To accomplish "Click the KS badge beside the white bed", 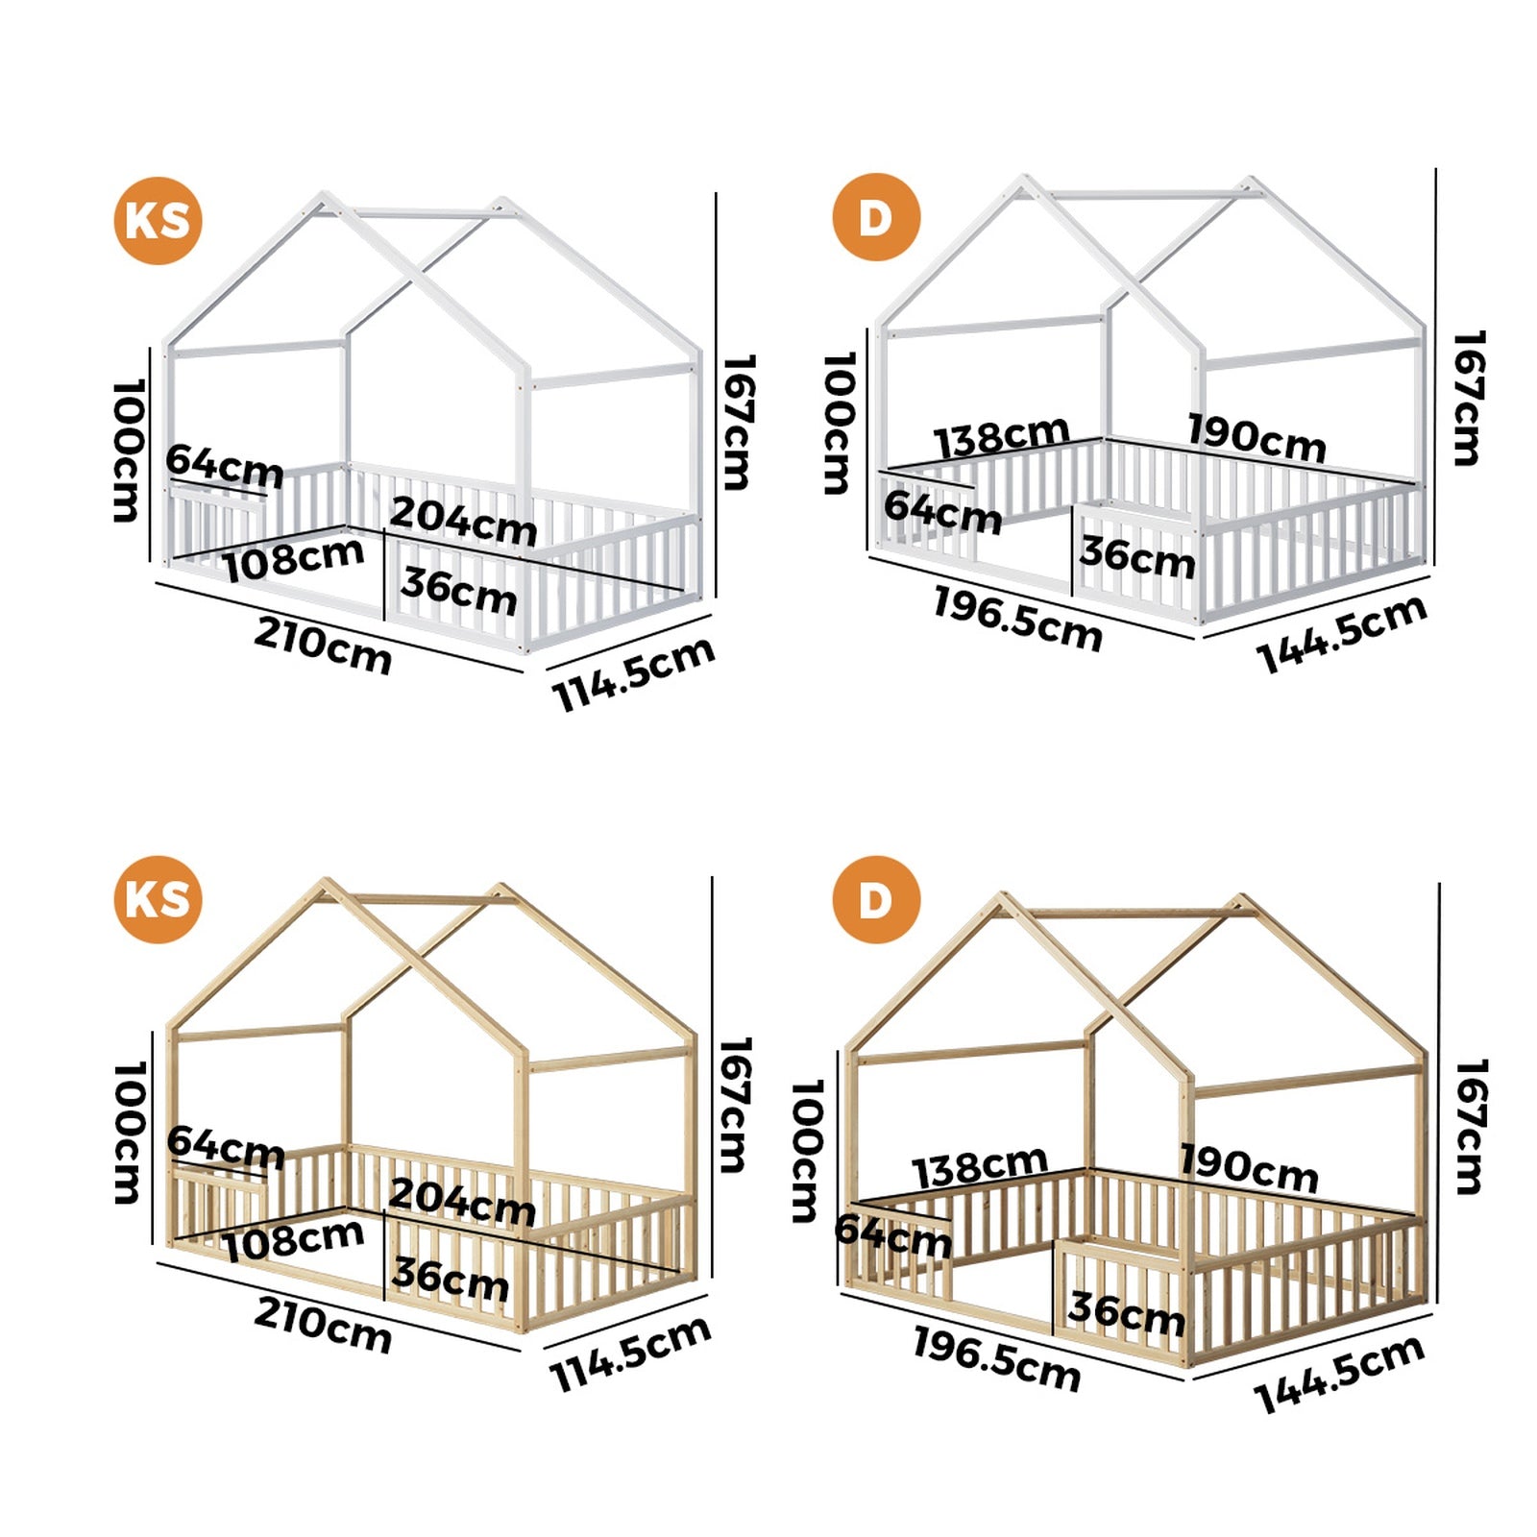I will click(x=158, y=220).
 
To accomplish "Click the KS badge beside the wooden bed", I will click(x=158, y=899).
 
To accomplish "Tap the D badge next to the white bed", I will click(x=875, y=217).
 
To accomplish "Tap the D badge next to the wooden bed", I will click(x=875, y=900).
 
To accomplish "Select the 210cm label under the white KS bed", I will click(x=323, y=646).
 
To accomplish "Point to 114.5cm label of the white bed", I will click(x=633, y=673).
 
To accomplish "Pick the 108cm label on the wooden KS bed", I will click(x=293, y=1239).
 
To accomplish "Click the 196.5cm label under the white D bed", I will click(x=1017, y=620).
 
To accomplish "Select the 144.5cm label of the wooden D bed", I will click(x=1339, y=1375).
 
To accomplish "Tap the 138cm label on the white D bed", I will click(x=1002, y=437).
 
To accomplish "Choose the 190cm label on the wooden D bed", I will click(x=1248, y=1168).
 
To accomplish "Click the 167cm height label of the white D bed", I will click(x=1467, y=399).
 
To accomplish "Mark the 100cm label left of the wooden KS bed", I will click(x=128, y=1133).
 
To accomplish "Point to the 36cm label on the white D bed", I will click(x=1136, y=557).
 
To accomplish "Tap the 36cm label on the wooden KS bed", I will click(x=450, y=1279).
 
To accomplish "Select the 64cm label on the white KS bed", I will click(x=225, y=466).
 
